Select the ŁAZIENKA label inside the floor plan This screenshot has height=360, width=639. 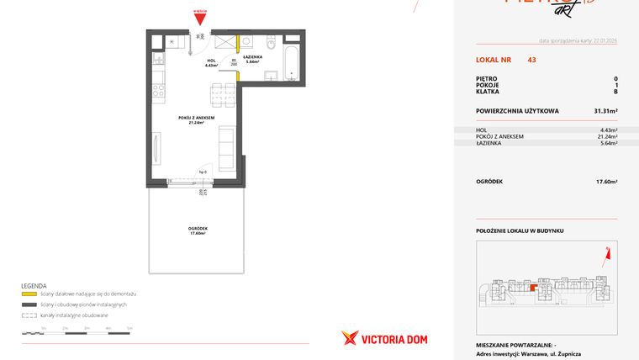251,59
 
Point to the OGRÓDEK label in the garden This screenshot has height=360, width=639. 198,230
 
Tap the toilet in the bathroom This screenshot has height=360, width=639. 269,44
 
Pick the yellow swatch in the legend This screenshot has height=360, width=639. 29,294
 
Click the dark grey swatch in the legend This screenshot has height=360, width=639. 29,304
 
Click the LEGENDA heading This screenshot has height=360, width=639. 34,286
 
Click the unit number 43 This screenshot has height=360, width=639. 531,60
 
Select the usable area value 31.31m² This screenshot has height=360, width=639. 606,110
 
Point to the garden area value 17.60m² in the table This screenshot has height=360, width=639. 606,181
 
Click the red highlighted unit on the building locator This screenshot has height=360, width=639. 532,287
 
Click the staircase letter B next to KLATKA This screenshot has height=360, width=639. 615,95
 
